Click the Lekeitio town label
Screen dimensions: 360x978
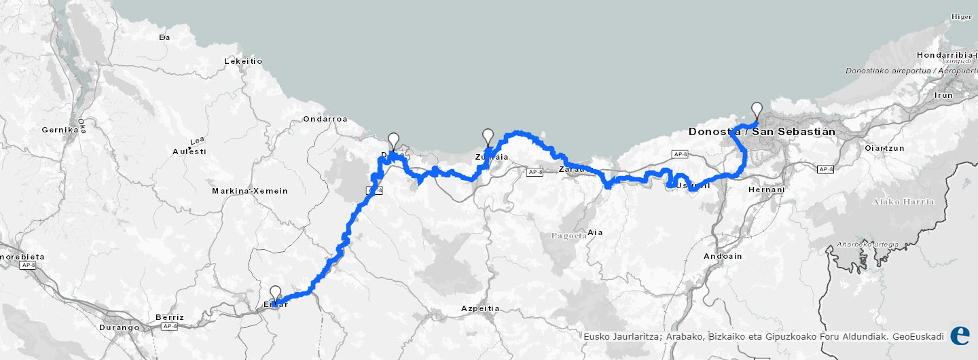(243, 61)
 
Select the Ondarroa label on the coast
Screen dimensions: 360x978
(325, 119)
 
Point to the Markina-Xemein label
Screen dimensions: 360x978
(250, 191)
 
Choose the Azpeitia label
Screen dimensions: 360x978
(480, 308)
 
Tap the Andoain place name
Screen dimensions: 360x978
(723, 256)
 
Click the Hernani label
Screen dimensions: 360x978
(766, 190)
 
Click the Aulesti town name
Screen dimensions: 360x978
(189, 151)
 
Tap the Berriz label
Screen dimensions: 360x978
(170, 317)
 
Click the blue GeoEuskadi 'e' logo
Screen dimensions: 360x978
(960, 336)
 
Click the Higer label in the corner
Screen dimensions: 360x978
(961, 17)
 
